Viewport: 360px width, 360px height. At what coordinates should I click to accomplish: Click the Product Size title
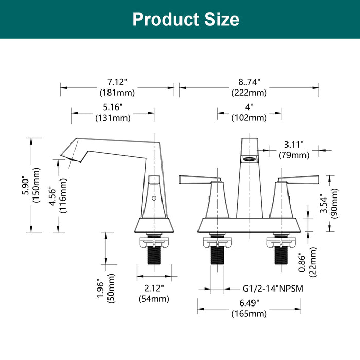point(186,20)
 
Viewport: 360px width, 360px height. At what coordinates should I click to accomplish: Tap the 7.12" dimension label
point(117,82)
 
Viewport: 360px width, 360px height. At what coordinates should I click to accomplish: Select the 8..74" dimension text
point(249,82)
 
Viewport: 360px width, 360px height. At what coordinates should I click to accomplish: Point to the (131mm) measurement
point(113,118)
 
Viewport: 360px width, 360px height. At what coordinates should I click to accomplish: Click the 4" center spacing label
point(249,107)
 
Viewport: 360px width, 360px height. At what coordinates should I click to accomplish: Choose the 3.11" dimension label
point(294,145)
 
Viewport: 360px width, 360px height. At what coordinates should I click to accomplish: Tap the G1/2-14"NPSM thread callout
point(273,289)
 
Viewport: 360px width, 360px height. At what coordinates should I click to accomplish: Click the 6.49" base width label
point(249,303)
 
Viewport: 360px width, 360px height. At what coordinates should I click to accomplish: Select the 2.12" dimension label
point(154,288)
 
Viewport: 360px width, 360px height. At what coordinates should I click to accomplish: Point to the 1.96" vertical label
point(101,289)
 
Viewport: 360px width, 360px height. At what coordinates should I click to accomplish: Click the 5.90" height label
point(26,185)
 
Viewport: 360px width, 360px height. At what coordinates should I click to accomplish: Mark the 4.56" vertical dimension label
point(52,196)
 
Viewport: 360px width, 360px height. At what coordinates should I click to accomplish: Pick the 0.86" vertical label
point(302,262)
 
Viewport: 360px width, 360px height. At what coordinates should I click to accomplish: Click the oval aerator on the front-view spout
point(249,159)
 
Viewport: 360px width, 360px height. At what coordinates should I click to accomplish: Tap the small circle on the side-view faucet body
point(154,198)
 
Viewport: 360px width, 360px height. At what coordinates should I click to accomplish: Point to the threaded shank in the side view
point(154,255)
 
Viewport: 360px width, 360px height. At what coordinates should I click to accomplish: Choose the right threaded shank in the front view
point(281,255)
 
